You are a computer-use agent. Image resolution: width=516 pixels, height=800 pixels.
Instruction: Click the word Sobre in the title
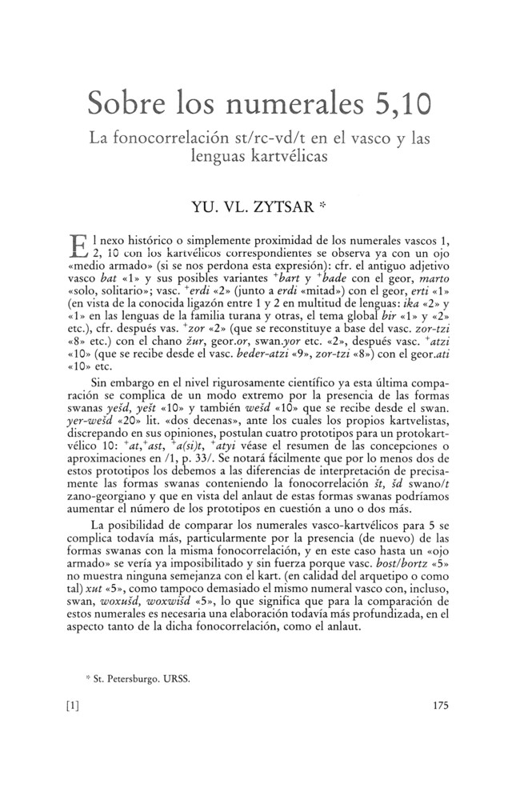pyautogui.click(x=127, y=103)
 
